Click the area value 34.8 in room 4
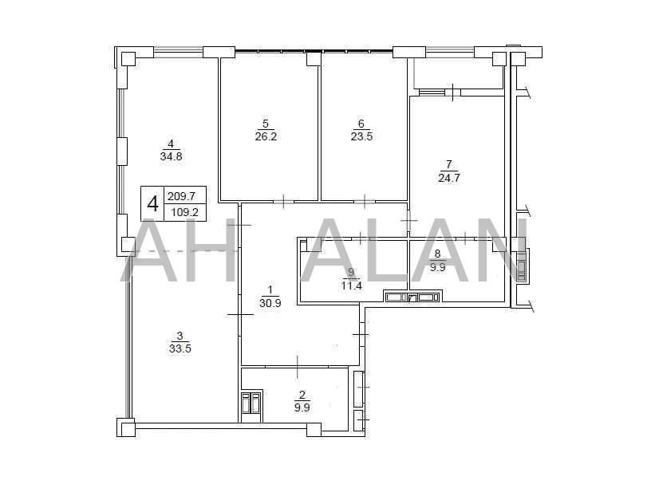point(171,156)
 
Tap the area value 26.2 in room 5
point(266,136)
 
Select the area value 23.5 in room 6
point(361,136)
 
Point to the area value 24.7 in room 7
point(449,178)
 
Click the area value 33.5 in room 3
point(180,348)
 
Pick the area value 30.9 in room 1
point(270,303)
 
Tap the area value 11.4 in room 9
point(351,285)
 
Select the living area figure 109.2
point(184,213)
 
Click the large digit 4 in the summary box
point(153,204)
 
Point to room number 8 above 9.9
point(437,253)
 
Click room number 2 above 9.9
point(302,394)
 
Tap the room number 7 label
point(449,164)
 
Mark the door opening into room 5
point(284,201)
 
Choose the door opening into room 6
point(365,201)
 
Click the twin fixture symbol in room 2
point(251,402)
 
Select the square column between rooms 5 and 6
point(314,58)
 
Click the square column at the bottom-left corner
point(126,427)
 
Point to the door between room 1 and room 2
point(297,367)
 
